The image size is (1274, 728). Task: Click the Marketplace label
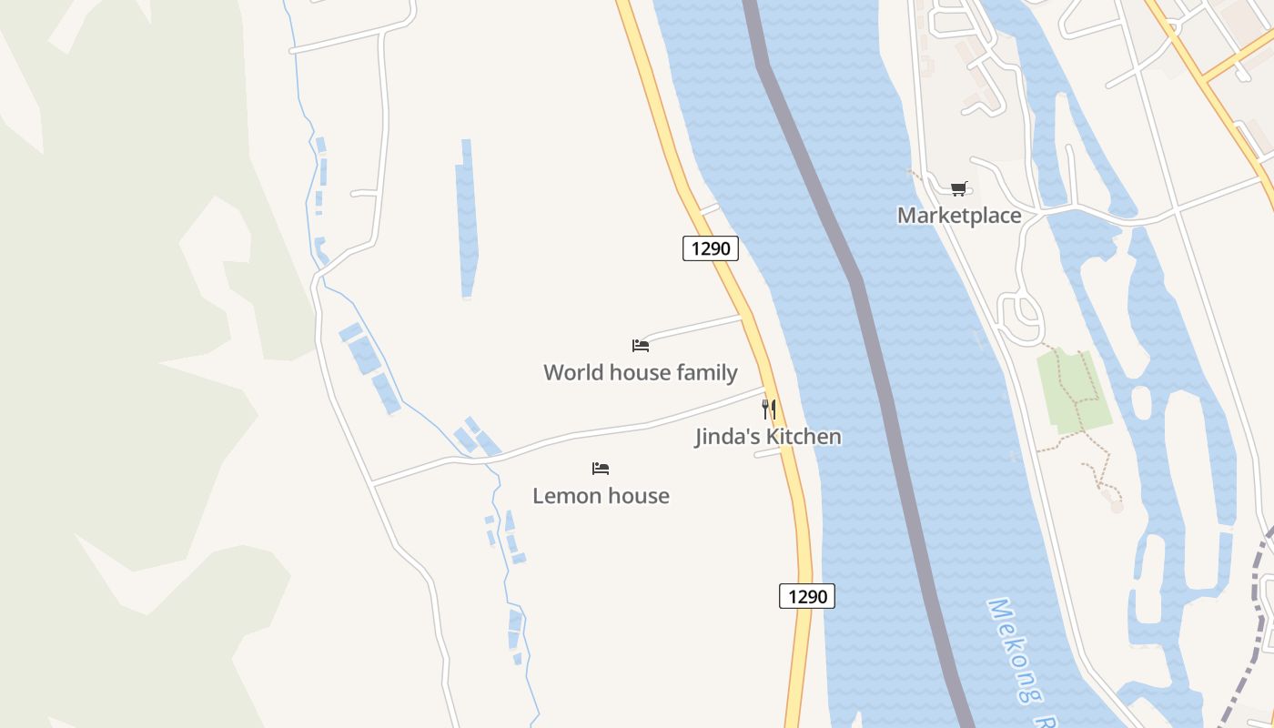959,216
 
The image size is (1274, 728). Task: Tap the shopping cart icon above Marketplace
958,188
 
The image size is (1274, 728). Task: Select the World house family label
640,372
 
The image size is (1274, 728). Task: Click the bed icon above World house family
641,345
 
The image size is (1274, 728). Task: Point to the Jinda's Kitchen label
768,437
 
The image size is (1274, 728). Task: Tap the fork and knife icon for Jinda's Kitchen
769,409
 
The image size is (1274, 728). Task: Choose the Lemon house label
601,496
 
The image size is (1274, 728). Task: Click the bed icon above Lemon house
601,469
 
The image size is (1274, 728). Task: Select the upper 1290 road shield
710,248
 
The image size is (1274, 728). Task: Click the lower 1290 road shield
807,596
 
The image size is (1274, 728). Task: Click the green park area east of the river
1074,389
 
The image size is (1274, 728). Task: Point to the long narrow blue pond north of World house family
467,218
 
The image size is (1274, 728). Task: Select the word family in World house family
705,372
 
